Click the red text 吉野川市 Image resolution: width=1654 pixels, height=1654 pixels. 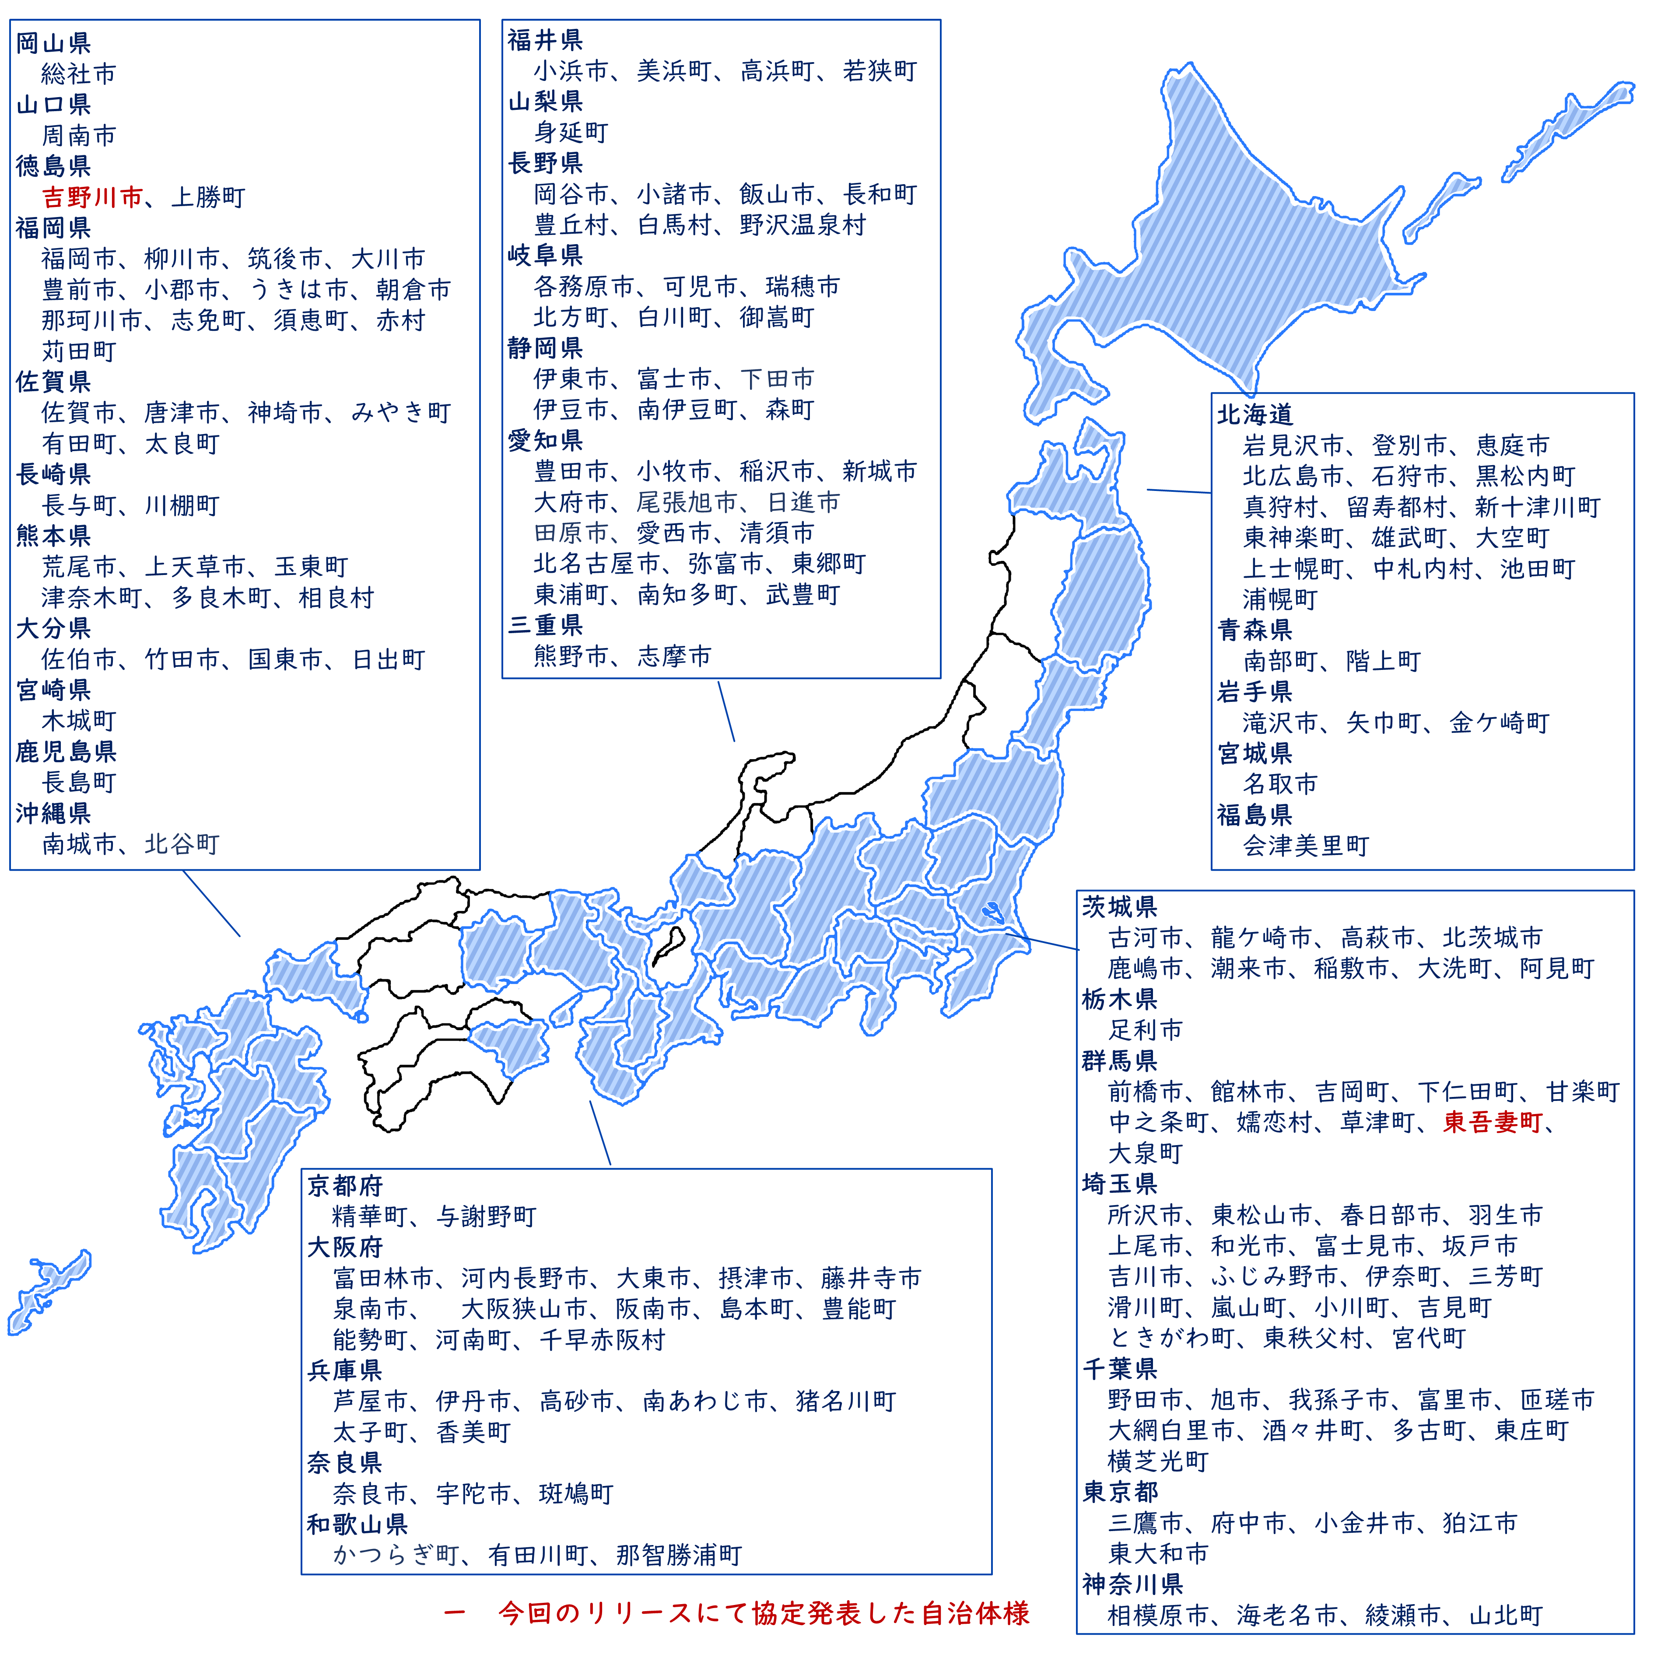tap(92, 198)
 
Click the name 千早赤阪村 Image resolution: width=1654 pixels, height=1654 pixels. tap(602, 1340)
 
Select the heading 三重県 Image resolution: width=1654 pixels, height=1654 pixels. tap(545, 626)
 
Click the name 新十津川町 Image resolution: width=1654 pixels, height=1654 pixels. tap(1538, 508)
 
